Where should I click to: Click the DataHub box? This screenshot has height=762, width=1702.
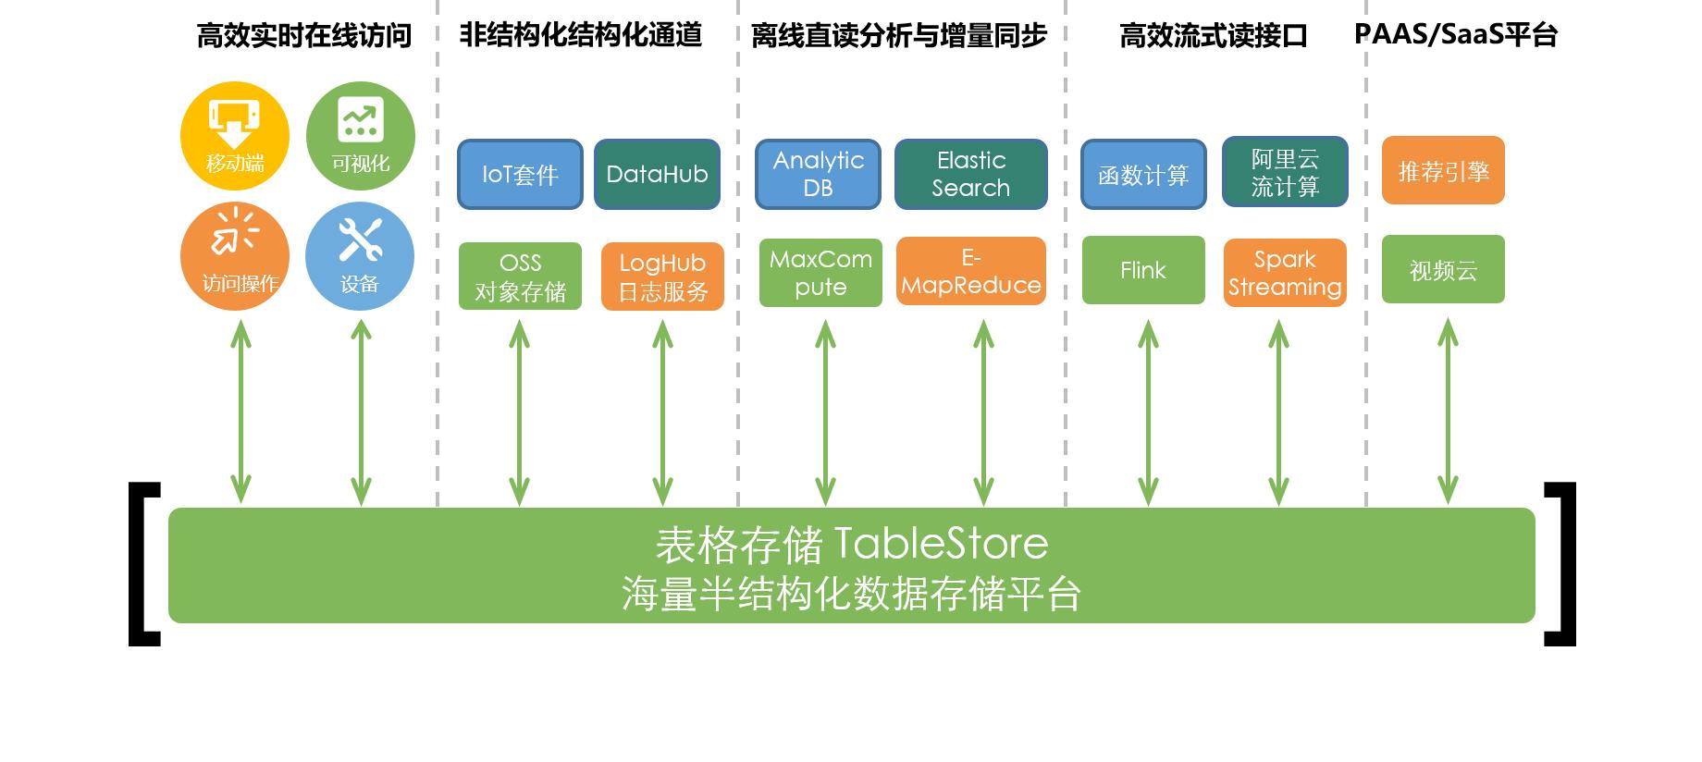pyautogui.click(x=657, y=174)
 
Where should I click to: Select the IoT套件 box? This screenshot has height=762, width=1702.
pyautogui.click(x=520, y=174)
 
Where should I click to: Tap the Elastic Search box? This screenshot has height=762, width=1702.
pyautogui.click(x=970, y=174)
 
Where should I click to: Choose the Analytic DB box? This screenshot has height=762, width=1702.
pyautogui.click(x=818, y=174)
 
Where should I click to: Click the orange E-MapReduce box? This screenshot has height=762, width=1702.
pyautogui.click(x=970, y=272)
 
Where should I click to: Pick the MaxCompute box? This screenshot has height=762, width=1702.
pyautogui.click(x=820, y=273)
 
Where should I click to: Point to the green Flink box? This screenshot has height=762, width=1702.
pyautogui.click(x=1143, y=270)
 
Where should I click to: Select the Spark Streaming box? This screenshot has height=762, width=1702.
pyautogui.click(x=1285, y=273)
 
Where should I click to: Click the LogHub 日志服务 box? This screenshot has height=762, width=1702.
pyautogui.click(x=662, y=277)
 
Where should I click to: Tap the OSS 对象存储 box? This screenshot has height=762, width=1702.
pyautogui.click(x=520, y=277)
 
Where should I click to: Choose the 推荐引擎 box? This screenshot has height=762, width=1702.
pyautogui.click(x=1443, y=171)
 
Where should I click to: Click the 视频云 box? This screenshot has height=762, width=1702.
pyautogui.click(x=1443, y=270)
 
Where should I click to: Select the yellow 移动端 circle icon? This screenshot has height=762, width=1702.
pyautogui.click(x=235, y=136)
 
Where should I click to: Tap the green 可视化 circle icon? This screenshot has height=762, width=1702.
pyautogui.click(x=360, y=136)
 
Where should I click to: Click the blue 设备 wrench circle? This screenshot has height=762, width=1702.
pyautogui.click(x=360, y=256)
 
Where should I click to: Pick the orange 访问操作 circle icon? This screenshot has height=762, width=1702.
pyautogui.click(x=235, y=256)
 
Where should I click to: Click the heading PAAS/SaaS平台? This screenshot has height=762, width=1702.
pyautogui.click(x=1456, y=35)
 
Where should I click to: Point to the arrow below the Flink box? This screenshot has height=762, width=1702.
pyautogui.click(x=1148, y=412)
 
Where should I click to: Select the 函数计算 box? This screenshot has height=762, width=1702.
pyautogui.click(x=1143, y=174)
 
